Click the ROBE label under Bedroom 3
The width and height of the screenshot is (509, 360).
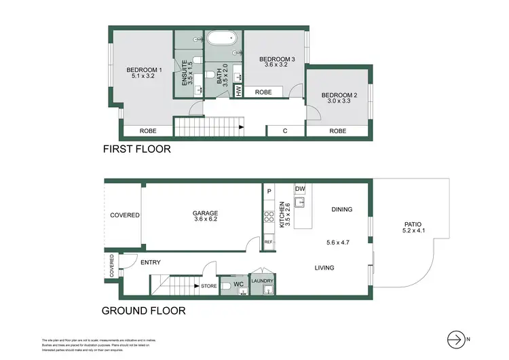pyautogui.click(x=264, y=92)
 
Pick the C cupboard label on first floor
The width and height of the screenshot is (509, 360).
pyautogui.click(x=284, y=131)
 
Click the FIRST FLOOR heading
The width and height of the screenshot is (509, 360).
pyautogui.click(x=136, y=149)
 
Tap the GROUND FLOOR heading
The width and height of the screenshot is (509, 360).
pyautogui.click(x=143, y=312)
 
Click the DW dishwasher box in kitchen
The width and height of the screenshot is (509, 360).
pyautogui.click(x=299, y=189)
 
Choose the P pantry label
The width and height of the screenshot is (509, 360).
pyautogui.click(x=269, y=192)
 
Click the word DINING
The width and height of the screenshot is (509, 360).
pyautogui.click(x=341, y=209)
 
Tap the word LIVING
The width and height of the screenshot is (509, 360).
pyautogui.click(x=324, y=268)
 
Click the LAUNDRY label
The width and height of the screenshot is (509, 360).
pyautogui.click(x=262, y=281)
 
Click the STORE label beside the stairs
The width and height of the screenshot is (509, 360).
pyautogui.click(x=209, y=286)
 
